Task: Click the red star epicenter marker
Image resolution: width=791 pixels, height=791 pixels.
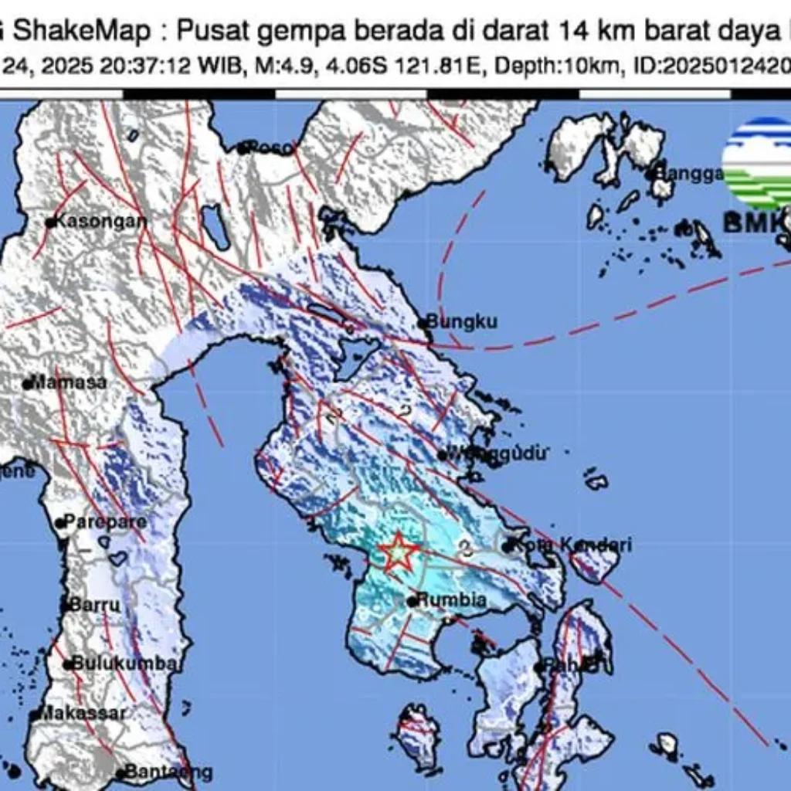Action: (x=399, y=552)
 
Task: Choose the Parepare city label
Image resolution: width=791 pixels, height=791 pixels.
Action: (x=104, y=522)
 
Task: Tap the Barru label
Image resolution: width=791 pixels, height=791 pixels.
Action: (x=96, y=605)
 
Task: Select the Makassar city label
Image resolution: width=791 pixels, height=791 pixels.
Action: (x=82, y=713)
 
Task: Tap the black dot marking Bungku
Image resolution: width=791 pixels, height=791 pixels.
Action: (x=423, y=323)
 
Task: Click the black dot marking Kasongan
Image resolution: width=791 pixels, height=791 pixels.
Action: (x=50, y=222)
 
